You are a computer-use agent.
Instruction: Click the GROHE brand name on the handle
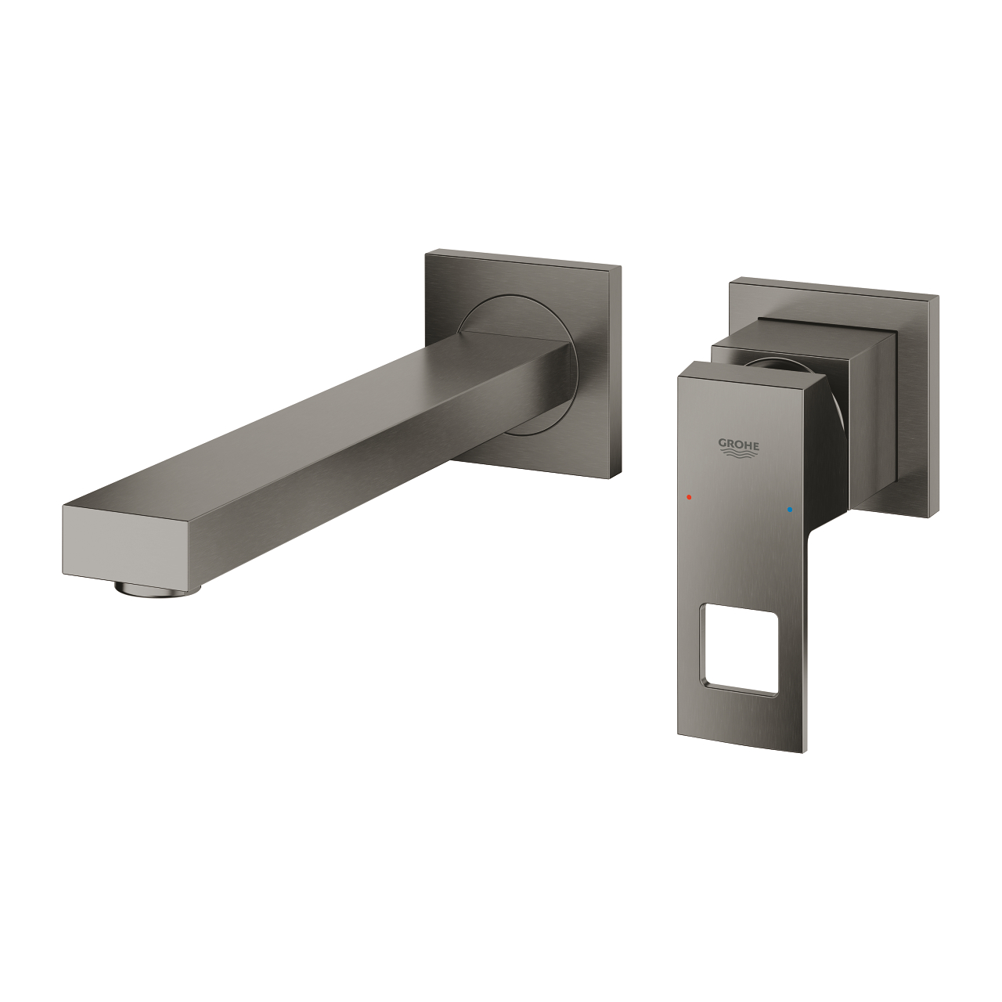point(739,443)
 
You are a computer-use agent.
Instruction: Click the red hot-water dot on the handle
point(689,496)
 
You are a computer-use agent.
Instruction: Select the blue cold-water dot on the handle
point(791,509)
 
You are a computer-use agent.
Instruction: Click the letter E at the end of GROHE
point(755,444)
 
